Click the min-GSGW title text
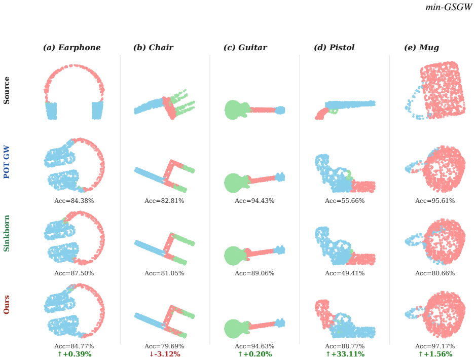(449, 7)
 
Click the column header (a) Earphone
(71, 47)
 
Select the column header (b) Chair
(153, 47)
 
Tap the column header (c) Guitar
(245, 47)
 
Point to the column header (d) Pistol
(334, 47)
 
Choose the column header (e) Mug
(421, 48)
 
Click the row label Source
(7, 90)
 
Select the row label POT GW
(7, 162)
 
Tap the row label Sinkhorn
(7, 233)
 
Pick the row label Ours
(7, 304)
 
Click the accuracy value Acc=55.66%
(345, 201)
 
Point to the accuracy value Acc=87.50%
(74, 273)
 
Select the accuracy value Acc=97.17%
(435, 346)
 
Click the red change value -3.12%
(165, 354)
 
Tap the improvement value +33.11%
(345, 354)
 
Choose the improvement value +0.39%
(75, 354)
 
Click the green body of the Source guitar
(236, 110)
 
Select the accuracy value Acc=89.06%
(254, 273)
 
